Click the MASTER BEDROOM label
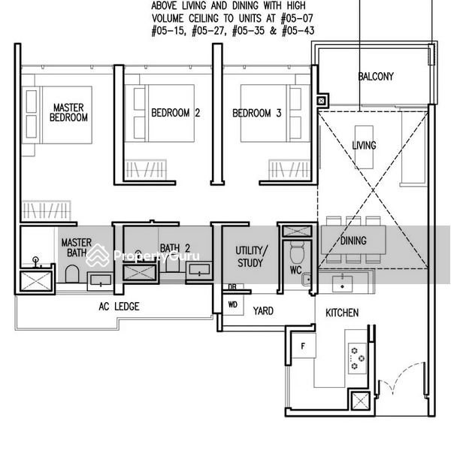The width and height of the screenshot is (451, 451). pyautogui.click(x=68, y=113)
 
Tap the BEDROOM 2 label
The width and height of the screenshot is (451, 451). pyautogui.click(x=175, y=114)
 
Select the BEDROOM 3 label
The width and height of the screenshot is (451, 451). pyautogui.click(x=257, y=114)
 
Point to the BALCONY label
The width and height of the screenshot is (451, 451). pyautogui.click(x=376, y=77)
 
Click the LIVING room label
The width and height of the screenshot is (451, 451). pyautogui.click(x=365, y=145)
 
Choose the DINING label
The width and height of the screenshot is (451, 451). pyautogui.click(x=353, y=241)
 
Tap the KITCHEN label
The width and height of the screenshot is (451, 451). pyautogui.click(x=341, y=313)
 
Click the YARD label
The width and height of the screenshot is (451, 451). pyautogui.click(x=263, y=310)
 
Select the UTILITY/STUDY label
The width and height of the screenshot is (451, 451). pyautogui.click(x=249, y=256)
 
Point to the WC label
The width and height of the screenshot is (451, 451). pyautogui.click(x=295, y=269)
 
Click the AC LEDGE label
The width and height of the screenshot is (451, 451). pyautogui.click(x=119, y=307)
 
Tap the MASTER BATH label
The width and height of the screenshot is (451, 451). pyautogui.click(x=76, y=247)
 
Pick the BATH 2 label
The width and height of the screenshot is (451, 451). pyautogui.click(x=173, y=248)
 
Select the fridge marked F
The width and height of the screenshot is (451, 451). pyautogui.click(x=303, y=348)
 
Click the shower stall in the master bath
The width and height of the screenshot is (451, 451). pyautogui.click(x=36, y=281)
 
